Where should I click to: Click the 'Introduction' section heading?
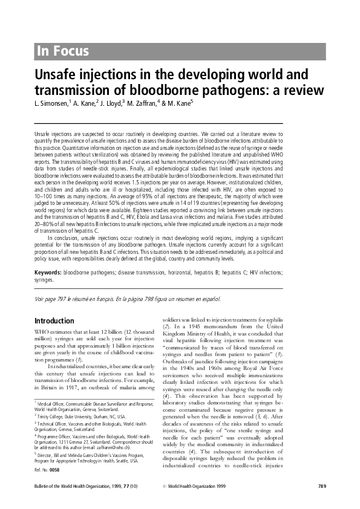[x=54, y=320]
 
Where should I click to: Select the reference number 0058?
[x=54, y=468]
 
